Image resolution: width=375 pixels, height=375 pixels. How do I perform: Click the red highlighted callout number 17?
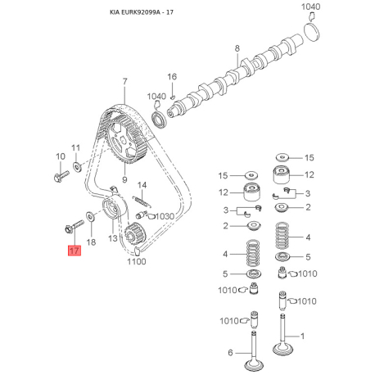(x=75, y=251)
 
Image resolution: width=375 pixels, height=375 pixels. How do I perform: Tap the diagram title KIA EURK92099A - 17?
(x=142, y=12)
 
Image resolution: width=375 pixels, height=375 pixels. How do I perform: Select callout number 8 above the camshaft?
(x=237, y=48)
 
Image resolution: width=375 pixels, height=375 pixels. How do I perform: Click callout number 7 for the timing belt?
(x=124, y=81)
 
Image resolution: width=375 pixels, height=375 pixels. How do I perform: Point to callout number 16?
(x=172, y=77)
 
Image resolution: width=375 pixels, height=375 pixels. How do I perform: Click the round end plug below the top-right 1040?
(x=312, y=32)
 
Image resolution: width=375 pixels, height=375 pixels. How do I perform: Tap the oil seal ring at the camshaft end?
(x=159, y=119)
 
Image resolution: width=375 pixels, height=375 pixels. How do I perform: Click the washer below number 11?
(x=77, y=166)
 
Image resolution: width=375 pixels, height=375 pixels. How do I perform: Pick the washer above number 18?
(x=90, y=216)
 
